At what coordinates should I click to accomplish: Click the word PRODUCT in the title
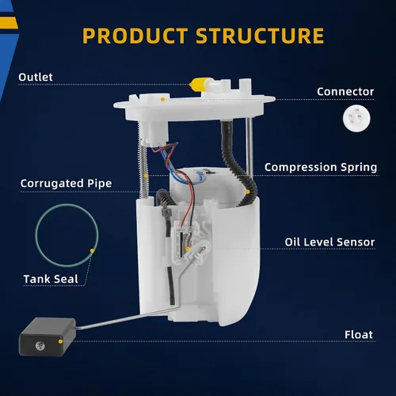pyautogui.click(x=135, y=36)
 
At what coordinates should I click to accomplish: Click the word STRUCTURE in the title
pyautogui.click(x=260, y=36)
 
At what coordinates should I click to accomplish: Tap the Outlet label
pyautogui.click(x=36, y=77)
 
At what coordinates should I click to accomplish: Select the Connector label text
pyautogui.click(x=345, y=92)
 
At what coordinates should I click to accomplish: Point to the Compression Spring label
pyautogui.click(x=321, y=167)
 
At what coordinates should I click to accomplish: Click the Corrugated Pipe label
pyautogui.click(x=66, y=184)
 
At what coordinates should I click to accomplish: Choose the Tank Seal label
pyautogui.click(x=51, y=279)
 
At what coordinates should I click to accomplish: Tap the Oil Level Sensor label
pyautogui.click(x=329, y=242)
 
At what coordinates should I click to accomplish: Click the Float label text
pyautogui.click(x=359, y=335)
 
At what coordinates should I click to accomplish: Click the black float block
pyautogui.click(x=48, y=337)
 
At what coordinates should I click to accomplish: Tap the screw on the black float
pyautogui.click(x=40, y=345)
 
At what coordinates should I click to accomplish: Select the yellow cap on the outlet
pyautogui.click(x=199, y=85)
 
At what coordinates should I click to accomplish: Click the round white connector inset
pyautogui.click(x=356, y=118)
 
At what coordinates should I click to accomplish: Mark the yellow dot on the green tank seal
pyautogui.click(x=92, y=251)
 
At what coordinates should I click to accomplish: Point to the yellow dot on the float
pyautogui.click(x=60, y=341)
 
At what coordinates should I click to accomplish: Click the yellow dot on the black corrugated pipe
pyautogui.click(x=248, y=192)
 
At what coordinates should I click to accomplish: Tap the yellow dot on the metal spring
pyautogui.click(x=146, y=176)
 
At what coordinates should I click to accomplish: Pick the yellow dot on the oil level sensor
pyautogui.click(x=188, y=249)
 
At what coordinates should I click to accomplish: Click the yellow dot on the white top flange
pyautogui.click(x=162, y=99)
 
